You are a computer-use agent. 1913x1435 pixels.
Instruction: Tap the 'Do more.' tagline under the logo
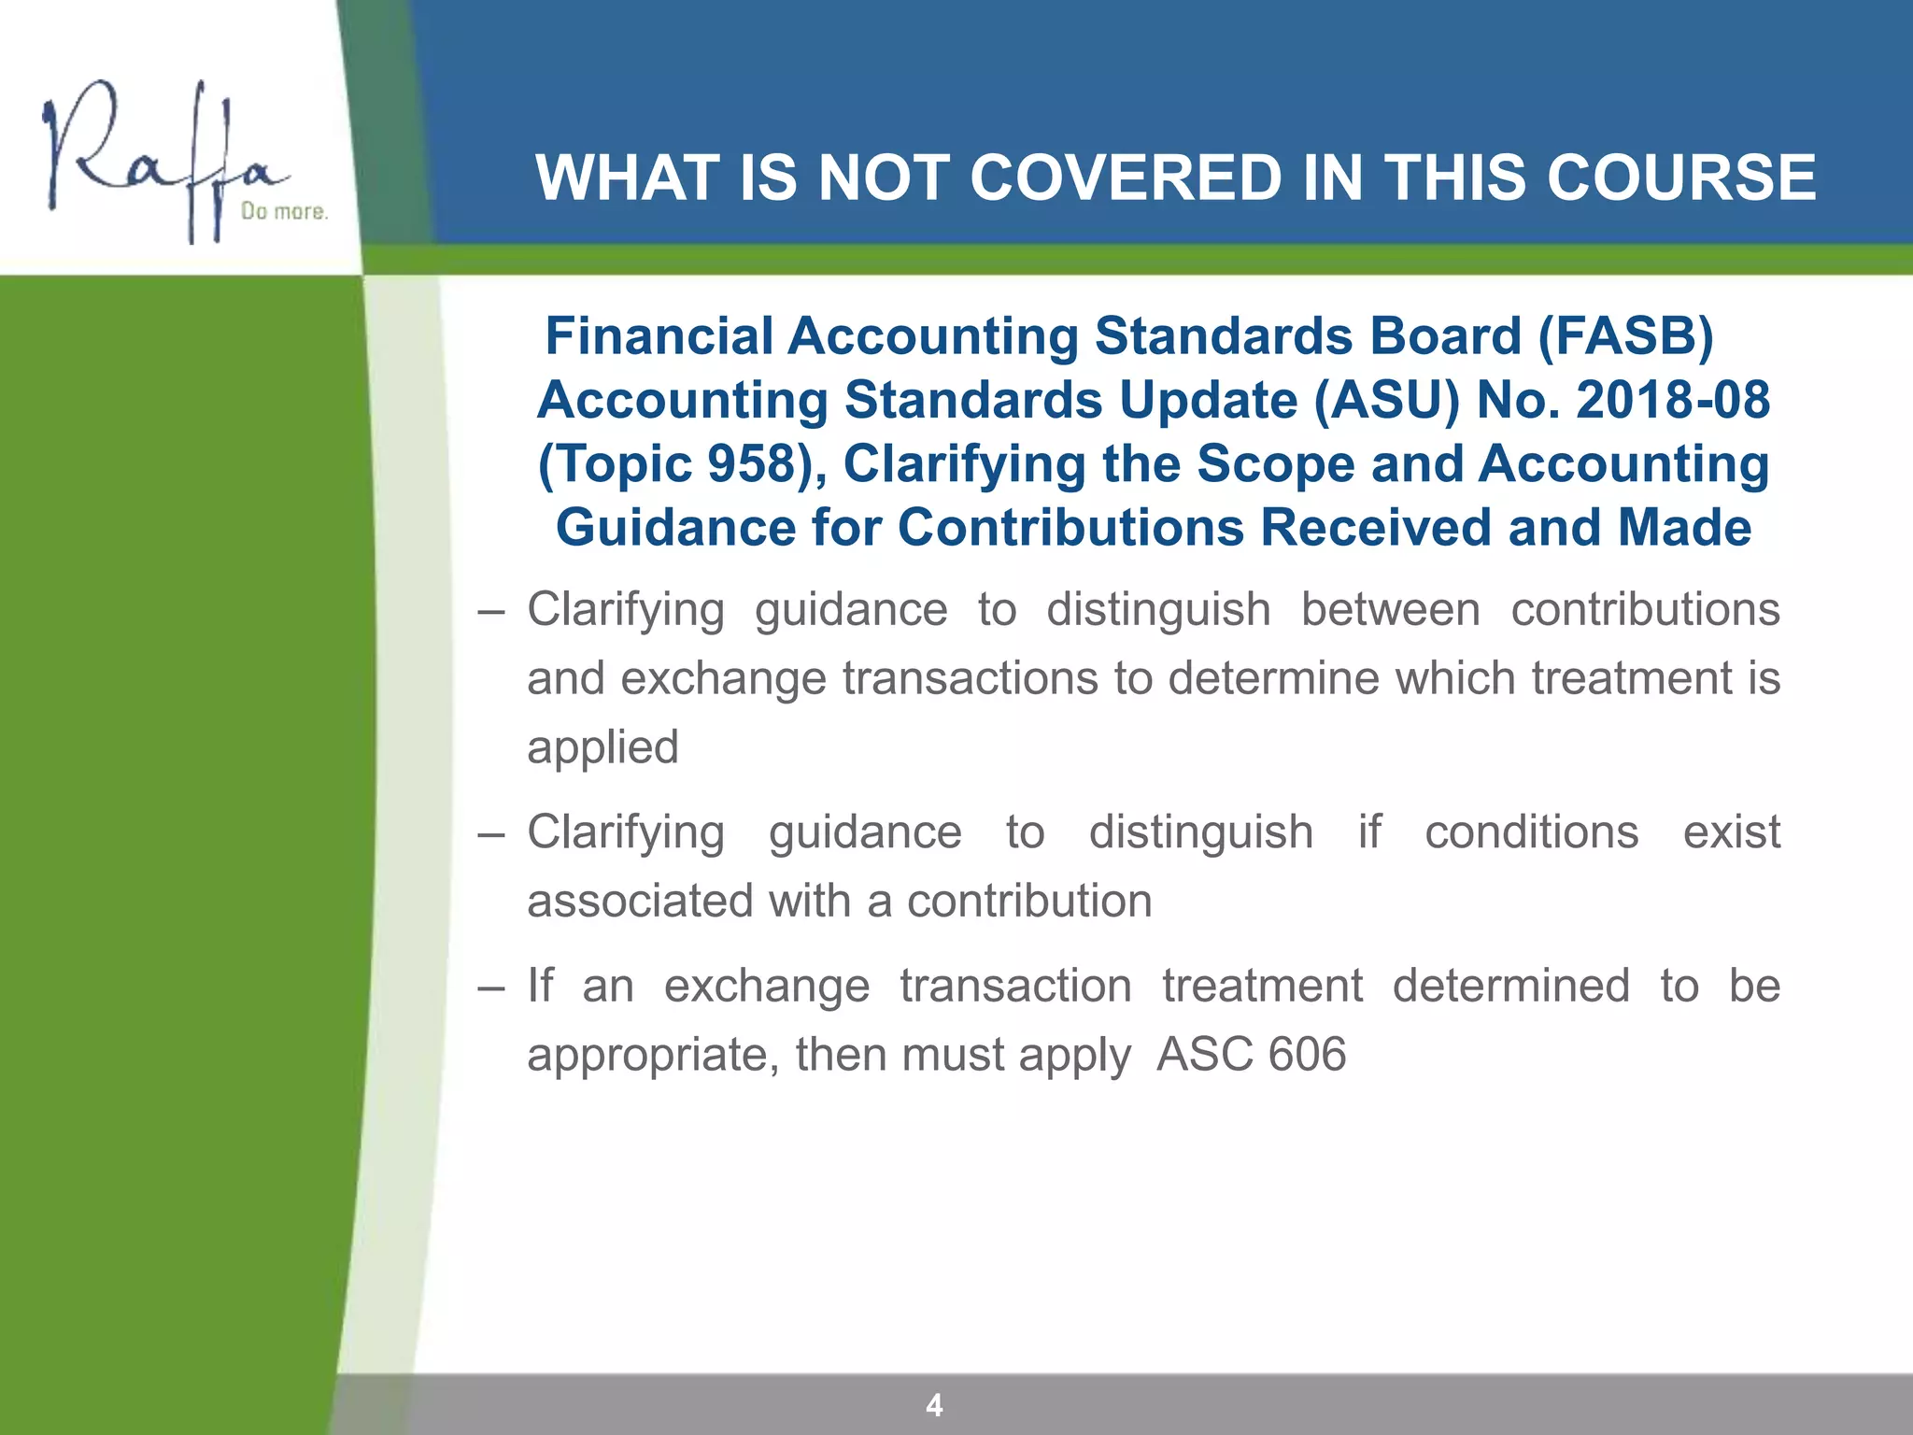pos(284,212)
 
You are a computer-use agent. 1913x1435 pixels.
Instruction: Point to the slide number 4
pos(934,1404)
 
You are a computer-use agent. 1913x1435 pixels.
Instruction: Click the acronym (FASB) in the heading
pos(1625,335)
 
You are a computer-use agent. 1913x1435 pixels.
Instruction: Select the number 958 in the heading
pos(750,463)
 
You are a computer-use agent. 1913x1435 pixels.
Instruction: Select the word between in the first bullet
pos(1390,610)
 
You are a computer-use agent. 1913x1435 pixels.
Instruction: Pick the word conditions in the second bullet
pos(1531,832)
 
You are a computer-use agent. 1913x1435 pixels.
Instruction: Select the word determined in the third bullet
pos(1510,986)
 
